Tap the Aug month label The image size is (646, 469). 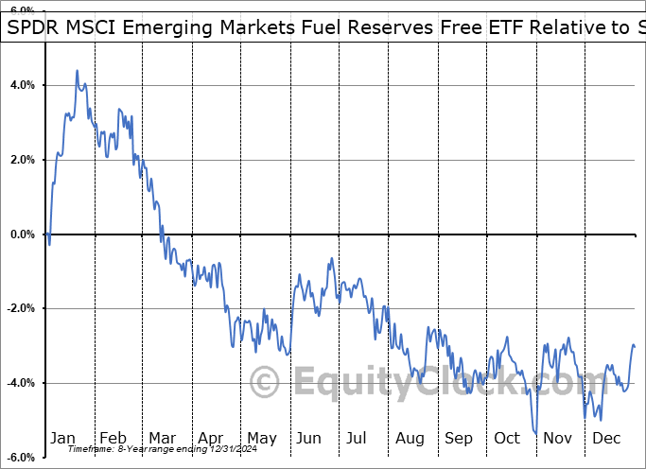[x=410, y=438]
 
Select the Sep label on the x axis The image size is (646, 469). [x=460, y=438]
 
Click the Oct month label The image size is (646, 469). [x=508, y=438]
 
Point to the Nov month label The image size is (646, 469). [x=558, y=438]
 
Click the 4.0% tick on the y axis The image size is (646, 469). [x=22, y=85]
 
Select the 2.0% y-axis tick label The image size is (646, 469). [x=22, y=160]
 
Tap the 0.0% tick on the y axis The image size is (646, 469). [x=22, y=234]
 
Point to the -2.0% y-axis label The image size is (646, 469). [x=20, y=308]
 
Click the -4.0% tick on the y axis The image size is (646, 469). [x=20, y=383]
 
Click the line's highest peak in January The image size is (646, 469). [x=77, y=71]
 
